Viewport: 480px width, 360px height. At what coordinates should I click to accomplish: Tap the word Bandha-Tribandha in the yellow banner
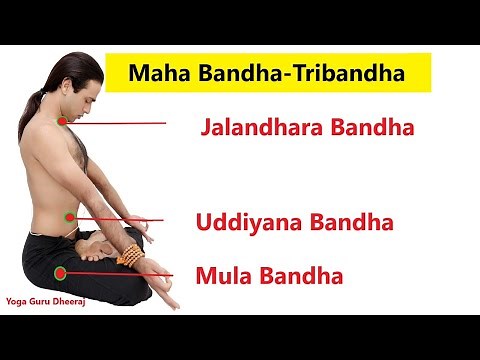pos(283,74)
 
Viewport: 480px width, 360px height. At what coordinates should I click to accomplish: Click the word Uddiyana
pos(243,221)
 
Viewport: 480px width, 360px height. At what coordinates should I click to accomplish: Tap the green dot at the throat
pos(62,121)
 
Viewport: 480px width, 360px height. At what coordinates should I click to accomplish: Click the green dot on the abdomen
pos(69,215)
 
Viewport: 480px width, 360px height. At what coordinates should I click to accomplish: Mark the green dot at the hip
pos(60,271)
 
